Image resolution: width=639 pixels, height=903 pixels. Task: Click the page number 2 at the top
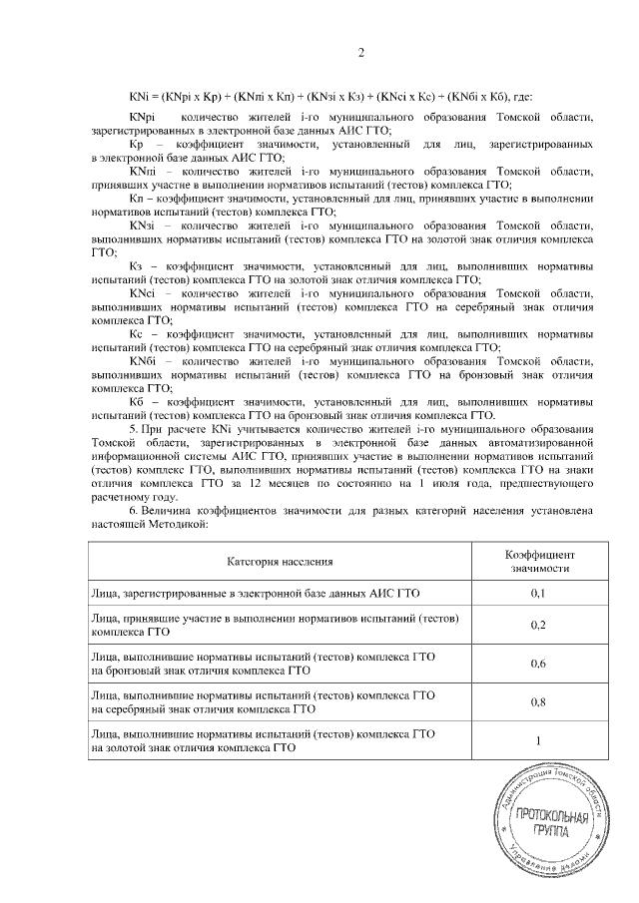pyautogui.click(x=360, y=52)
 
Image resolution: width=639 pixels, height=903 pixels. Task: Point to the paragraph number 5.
pyautogui.click(x=132, y=428)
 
